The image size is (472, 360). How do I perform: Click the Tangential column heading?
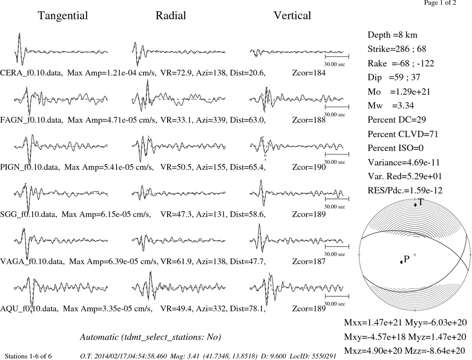pos(63,16)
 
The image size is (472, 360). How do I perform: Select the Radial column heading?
pos(171,16)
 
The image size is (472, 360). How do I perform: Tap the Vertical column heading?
pos(292,16)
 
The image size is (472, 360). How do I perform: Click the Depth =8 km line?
pos(393,35)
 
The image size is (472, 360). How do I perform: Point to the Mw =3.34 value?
pos(391,105)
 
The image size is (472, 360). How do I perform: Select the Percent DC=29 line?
pos(397,120)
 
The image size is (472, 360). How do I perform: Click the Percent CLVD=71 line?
pos(403,134)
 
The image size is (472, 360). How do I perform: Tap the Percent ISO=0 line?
pos(396,148)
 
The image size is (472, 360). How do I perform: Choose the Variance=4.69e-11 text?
pos(404,163)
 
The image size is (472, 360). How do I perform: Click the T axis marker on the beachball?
pos(415,205)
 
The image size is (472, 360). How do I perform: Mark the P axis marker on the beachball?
pos(401,262)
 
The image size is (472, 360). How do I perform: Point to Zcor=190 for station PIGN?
pos(309,167)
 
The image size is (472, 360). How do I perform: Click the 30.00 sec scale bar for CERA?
pos(337,57)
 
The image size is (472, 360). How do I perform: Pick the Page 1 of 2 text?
pos(440,3)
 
